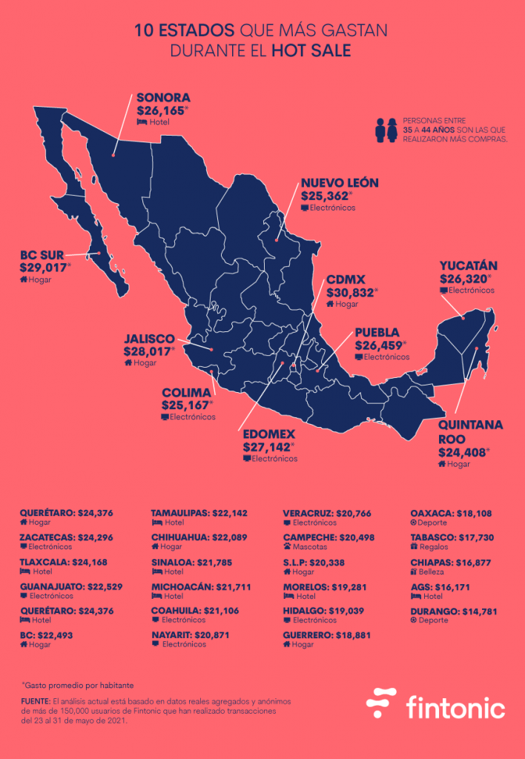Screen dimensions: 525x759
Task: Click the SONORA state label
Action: pyautogui.click(x=163, y=98)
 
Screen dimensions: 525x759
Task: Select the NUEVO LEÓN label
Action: pyautogui.click(x=340, y=183)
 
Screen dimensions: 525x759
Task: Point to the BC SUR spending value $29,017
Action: pyautogui.click(x=46, y=268)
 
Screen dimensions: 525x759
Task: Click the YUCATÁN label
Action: pyautogui.click(x=468, y=266)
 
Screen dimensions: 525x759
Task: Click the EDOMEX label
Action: pyautogui.click(x=269, y=434)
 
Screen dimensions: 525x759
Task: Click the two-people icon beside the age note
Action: pyautogui.click(x=386, y=129)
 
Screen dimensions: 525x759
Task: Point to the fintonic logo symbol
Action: pyautogui.click(x=383, y=703)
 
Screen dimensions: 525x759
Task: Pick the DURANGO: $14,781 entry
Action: pyautogui.click(x=453, y=611)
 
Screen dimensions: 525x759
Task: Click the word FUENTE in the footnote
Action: pyautogui.click(x=37, y=700)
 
